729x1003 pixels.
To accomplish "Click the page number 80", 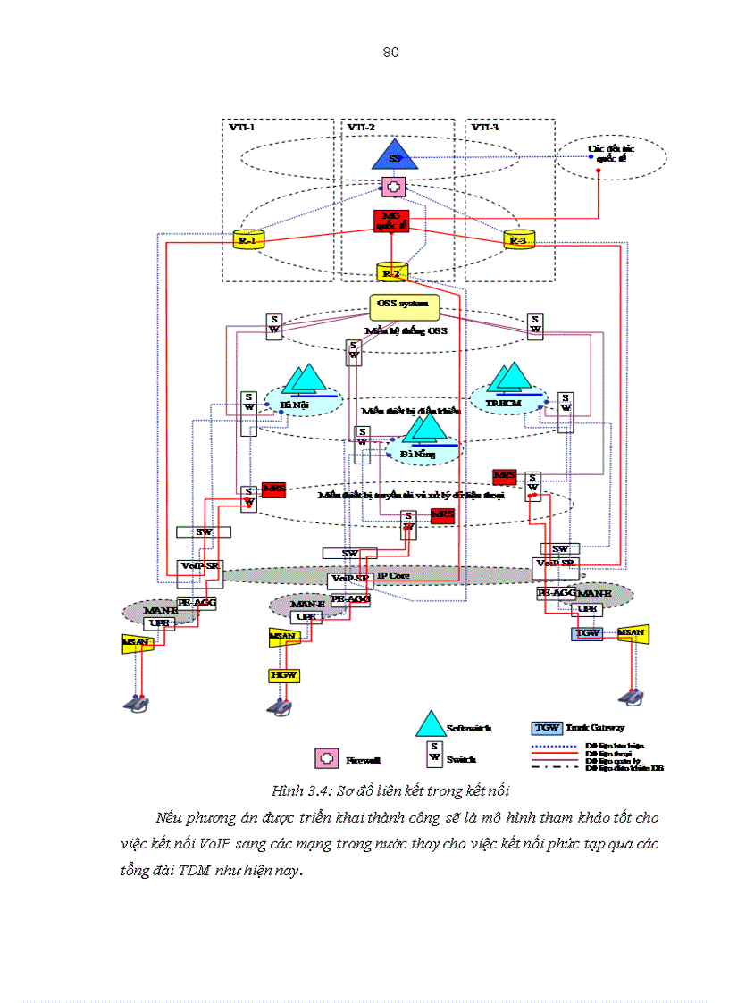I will pyautogui.click(x=390, y=52).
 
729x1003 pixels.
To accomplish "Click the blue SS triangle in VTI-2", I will pyautogui.click(x=393, y=156).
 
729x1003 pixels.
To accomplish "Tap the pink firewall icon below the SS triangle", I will pyautogui.click(x=393, y=188).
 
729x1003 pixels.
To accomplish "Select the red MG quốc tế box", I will pyautogui.click(x=390, y=221).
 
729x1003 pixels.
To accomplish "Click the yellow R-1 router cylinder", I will pyautogui.click(x=245, y=240).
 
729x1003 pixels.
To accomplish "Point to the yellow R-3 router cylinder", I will pyautogui.click(x=517, y=240).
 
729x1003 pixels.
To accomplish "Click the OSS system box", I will pyautogui.click(x=405, y=308).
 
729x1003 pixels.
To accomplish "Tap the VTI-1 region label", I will pyautogui.click(x=242, y=128).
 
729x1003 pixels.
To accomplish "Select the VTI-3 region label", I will pyautogui.click(x=485, y=128).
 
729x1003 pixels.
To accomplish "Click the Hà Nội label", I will pyautogui.click(x=293, y=405).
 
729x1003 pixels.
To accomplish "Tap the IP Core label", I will pyautogui.click(x=393, y=576).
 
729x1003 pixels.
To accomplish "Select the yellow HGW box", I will pyautogui.click(x=282, y=675).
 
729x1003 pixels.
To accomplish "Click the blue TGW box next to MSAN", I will pyautogui.click(x=587, y=632).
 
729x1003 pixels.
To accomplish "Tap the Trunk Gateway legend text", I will pyautogui.click(x=595, y=728).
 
